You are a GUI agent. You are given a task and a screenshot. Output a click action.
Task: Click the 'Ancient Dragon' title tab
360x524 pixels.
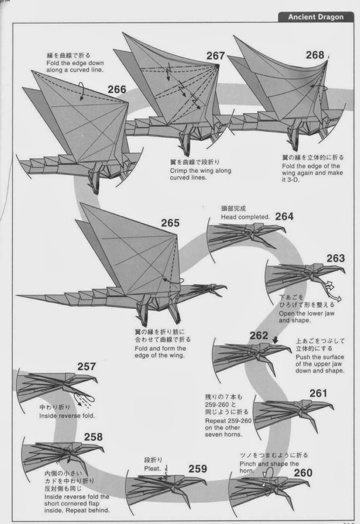click(x=315, y=17)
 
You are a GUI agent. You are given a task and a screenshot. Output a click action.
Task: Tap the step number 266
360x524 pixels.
click(x=117, y=89)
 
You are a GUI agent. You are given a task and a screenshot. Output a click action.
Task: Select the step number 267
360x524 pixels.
click(x=215, y=56)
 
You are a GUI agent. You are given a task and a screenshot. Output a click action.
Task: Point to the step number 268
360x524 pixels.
click(x=315, y=55)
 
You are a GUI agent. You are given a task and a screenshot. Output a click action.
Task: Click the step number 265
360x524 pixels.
click(x=170, y=223)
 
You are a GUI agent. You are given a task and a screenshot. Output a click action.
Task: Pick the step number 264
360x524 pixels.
click(x=284, y=216)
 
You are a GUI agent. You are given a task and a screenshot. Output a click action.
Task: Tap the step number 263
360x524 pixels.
click(x=335, y=258)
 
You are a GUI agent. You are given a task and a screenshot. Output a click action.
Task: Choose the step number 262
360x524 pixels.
click(x=259, y=336)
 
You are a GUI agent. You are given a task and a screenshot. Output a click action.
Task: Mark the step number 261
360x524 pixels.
click(x=318, y=393)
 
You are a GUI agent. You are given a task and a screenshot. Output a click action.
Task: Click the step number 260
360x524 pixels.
click(x=303, y=473)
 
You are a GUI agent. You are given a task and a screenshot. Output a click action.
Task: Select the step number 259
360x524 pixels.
click(x=198, y=469)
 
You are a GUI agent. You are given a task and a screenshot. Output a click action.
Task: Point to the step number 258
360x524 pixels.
click(x=93, y=437)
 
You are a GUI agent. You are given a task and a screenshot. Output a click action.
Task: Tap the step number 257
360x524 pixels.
click(x=86, y=366)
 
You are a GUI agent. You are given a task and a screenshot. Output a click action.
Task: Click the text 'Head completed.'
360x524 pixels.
click(x=245, y=217)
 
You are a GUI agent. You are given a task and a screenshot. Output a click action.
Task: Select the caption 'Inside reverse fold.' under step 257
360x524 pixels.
click(x=67, y=416)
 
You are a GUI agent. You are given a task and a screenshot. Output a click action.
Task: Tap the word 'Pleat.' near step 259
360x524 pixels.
click(x=153, y=469)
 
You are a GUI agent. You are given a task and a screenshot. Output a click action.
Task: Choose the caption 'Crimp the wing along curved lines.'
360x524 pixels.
click(x=200, y=174)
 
